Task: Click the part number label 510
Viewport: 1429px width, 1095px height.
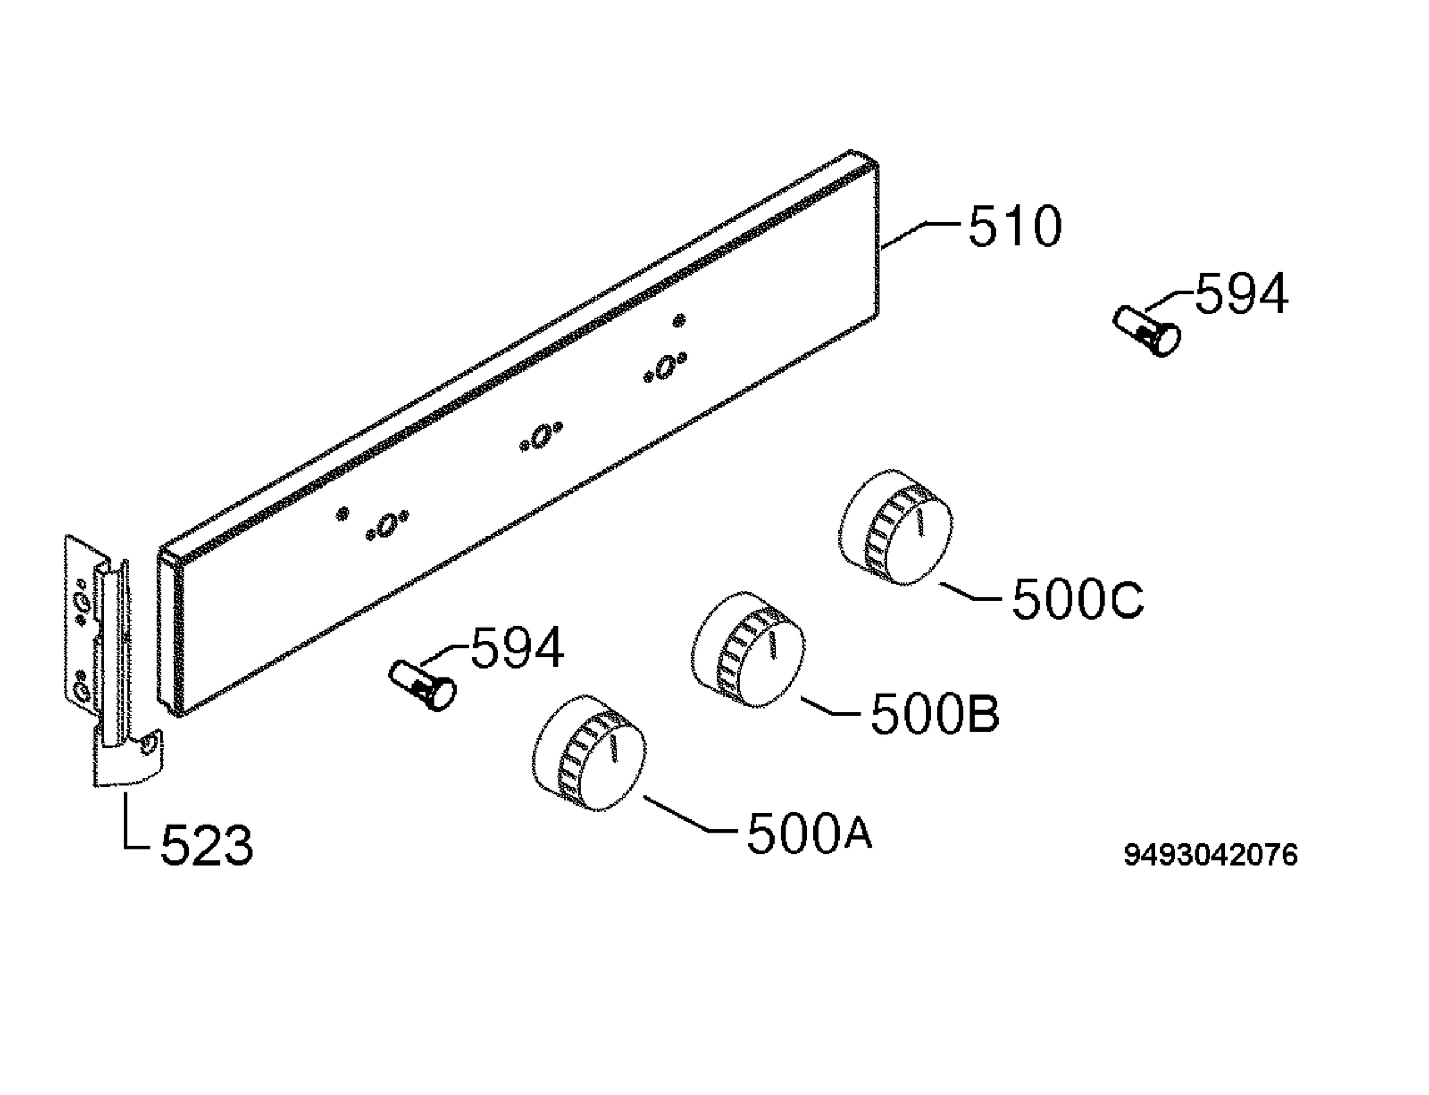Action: click(1015, 226)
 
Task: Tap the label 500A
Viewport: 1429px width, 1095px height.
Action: click(809, 833)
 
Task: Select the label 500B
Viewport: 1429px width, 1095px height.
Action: click(934, 714)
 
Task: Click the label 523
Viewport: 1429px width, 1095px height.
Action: click(207, 846)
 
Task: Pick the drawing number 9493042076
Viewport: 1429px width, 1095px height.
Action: click(1210, 854)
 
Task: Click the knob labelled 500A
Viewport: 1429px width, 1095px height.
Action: click(589, 753)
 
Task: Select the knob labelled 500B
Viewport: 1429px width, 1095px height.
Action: click(747, 650)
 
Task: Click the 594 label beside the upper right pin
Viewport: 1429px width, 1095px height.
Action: click(1241, 294)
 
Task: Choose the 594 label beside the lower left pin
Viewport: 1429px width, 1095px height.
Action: click(517, 648)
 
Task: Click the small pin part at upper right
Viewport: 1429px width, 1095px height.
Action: click(1147, 331)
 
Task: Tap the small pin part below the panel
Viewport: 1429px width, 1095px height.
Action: click(422, 685)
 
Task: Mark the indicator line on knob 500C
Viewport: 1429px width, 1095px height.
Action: click(920, 523)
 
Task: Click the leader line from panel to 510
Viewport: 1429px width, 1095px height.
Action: click(919, 235)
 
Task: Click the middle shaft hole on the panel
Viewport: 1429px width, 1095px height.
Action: click(541, 436)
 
